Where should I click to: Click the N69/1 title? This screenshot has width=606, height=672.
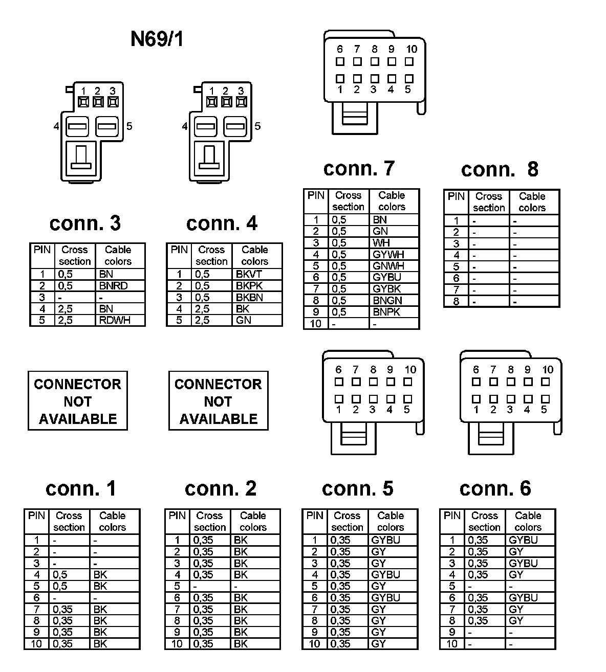(x=157, y=39)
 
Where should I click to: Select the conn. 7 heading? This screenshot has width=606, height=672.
(x=359, y=168)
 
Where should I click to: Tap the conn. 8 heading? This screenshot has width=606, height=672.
(x=500, y=169)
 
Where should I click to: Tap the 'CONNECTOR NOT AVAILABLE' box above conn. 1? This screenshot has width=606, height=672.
(x=78, y=401)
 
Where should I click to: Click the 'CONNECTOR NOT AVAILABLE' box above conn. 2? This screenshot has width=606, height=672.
(x=219, y=401)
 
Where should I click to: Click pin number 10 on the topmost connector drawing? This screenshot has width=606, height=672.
(x=412, y=50)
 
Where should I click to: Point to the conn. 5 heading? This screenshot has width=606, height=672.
(x=357, y=488)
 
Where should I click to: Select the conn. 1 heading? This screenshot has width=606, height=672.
(x=81, y=488)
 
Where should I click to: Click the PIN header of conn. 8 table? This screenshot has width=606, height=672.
(x=456, y=197)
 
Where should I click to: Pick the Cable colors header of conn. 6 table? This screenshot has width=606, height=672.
(x=528, y=521)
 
